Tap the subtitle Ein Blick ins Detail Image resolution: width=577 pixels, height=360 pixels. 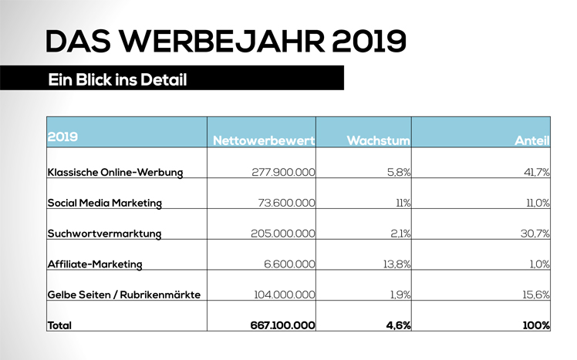(117, 79)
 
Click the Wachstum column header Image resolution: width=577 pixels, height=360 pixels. (377, 141)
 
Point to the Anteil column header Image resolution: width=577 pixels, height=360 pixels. (531, 141)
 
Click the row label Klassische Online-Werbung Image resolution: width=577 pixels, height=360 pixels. (115, 172)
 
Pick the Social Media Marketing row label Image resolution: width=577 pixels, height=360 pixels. (104, 203)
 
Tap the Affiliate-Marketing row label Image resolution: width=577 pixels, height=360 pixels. (95, 264)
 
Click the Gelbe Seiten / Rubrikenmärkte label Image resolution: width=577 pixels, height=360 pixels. (124, 295)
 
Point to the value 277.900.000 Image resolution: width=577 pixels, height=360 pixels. (283, 172)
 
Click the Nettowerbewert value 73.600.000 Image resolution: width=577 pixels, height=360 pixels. (287, 203)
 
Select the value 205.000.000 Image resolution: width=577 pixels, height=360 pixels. (283, 234)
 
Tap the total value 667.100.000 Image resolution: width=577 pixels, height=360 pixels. (282, 326)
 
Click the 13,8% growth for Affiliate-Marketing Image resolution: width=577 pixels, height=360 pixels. (396, 264)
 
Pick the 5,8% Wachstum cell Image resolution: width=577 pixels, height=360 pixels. (398, 172)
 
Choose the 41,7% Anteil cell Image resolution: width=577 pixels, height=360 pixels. (536, 172)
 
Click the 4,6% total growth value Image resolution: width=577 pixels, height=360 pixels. (396, 326)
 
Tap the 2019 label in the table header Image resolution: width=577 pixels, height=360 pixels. (62, 138)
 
